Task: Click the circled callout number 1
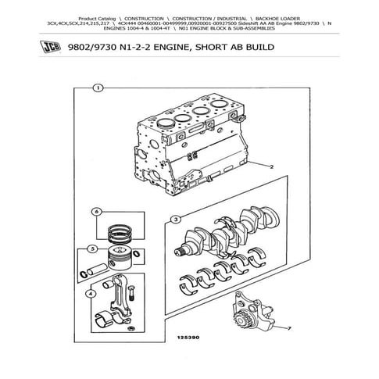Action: (x=96, y=88)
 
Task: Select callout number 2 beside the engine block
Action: (x=270, y=167)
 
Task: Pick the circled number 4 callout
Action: (x=93, y=295)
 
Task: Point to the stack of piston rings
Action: (x=120, y=230)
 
